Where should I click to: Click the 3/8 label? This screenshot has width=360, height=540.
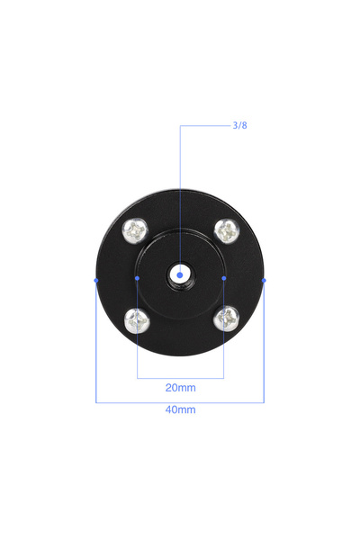[x=239, y=125]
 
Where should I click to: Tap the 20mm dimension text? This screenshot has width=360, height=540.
[x=181, y=388]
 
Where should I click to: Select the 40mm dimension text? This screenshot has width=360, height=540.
[x=181, y=409]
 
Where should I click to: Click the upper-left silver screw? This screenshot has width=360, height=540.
[x=135, y=230]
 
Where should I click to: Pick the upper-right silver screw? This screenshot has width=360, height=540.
[x=227, y=230]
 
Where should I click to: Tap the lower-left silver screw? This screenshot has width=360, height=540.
[x=137, y=321]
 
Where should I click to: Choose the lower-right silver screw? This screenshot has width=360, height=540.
[x=226, y=319]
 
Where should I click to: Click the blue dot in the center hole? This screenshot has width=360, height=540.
[x=180, y=275]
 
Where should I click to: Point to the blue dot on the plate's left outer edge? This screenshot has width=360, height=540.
[x=96, y=280]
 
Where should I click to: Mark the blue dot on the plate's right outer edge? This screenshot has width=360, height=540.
[x=264, y=280]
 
